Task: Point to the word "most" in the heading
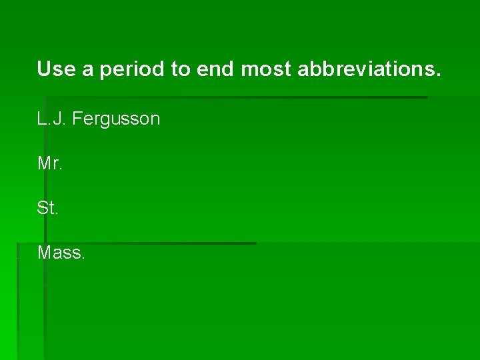266,69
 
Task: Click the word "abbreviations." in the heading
369,69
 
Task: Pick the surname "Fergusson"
116,119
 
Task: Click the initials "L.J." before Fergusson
52,119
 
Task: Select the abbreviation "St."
47,208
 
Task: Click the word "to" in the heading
180,69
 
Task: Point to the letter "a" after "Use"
87,70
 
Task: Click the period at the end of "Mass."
83,258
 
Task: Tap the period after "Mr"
61,169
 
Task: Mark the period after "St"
57,213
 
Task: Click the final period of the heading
438,74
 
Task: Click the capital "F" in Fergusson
76,119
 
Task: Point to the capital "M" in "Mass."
44,253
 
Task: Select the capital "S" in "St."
43,208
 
